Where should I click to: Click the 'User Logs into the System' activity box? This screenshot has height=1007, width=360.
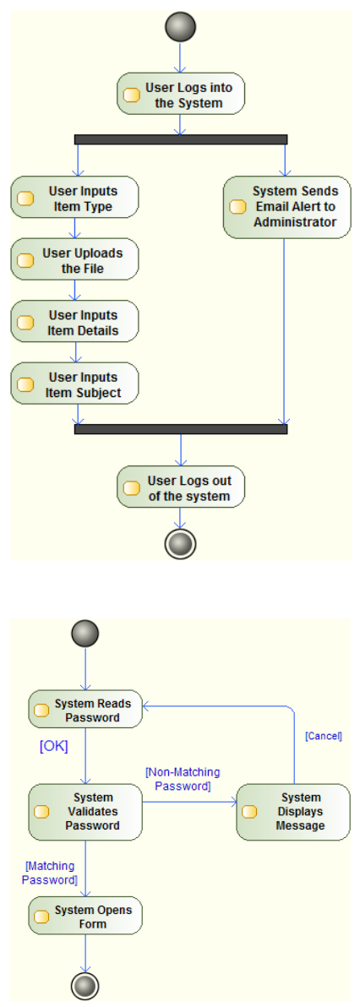[x=181, y=94]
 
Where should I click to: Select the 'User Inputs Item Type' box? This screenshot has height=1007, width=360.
[x=74, y=197]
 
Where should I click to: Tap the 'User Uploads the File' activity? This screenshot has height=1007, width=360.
[x=74, y=259]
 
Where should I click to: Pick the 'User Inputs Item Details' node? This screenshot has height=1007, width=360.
[x=74, y=321]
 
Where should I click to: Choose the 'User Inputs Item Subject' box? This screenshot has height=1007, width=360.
[x=74, y=384]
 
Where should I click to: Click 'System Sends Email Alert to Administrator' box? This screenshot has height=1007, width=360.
[x=286, y=207]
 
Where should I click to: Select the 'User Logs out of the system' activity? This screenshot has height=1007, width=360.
[x=181, y=487]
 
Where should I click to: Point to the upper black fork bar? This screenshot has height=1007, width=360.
[x=181, y=139]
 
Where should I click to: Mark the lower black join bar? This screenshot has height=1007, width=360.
[x=181, y=429]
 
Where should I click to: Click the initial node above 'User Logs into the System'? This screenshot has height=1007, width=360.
[x=180, y=28]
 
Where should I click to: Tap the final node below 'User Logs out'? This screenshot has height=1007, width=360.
[x=180, y=544]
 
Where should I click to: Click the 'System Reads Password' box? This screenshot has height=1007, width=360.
[x=85, y=710]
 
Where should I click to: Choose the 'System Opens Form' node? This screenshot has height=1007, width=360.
[x=85, y=916]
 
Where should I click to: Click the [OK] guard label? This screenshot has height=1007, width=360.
[x=54, y=747]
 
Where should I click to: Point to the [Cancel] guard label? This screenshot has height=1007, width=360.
[x=323, y=736]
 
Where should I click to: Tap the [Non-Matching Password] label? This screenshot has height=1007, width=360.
[x=183, y=778]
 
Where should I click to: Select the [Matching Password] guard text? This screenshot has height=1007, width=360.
[x=50, y=873]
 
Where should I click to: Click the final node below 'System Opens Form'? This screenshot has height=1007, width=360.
[x=85, y=985]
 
